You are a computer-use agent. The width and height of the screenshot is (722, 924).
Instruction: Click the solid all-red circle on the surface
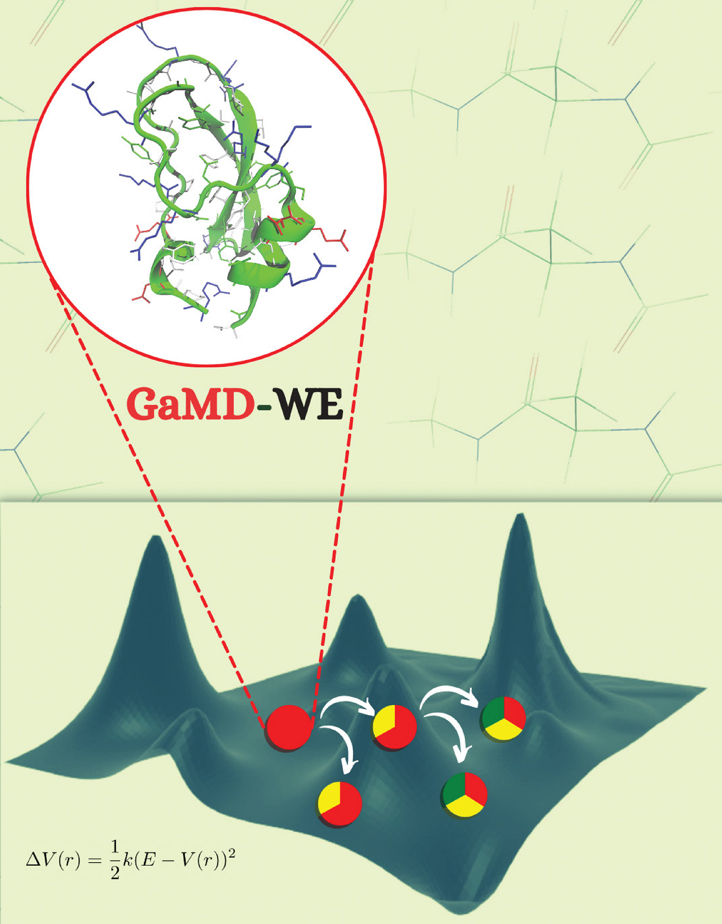[x=289, y=727]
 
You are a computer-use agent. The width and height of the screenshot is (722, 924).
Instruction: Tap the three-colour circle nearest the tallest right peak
[x=504, y=719]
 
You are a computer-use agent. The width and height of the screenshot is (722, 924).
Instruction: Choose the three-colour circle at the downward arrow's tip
[x=465, y=795]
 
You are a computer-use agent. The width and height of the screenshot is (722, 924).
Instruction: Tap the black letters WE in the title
[x=307, y=405]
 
